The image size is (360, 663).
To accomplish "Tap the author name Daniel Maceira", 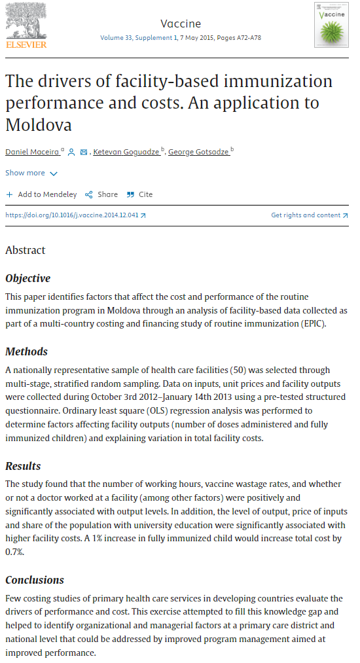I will pyautogui.click(x=32, y=152).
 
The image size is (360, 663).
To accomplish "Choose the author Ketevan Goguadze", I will pyautogui.click(x=126, y=152).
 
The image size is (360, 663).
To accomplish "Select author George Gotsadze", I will pyautogui.click(x=198, y=152).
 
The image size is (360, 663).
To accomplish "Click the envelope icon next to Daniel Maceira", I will pyautogui.click(x=83, y=152).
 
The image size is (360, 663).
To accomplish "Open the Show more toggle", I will pyautogui.click(x=31, y=173).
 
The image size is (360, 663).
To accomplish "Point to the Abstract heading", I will pyautogui.click(x=26, y=250).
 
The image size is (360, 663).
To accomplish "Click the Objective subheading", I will pyautogui.click(x=27, y=279).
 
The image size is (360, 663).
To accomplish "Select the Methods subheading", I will pyautogui.click(x=26, y=351).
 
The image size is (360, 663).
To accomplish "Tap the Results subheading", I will pyautogui.click(x=23, y=466).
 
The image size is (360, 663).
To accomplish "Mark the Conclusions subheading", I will pyautogui.click(x=35, y=580).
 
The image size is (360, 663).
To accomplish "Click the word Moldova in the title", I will pyautogui.click(x=39, y=124).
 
